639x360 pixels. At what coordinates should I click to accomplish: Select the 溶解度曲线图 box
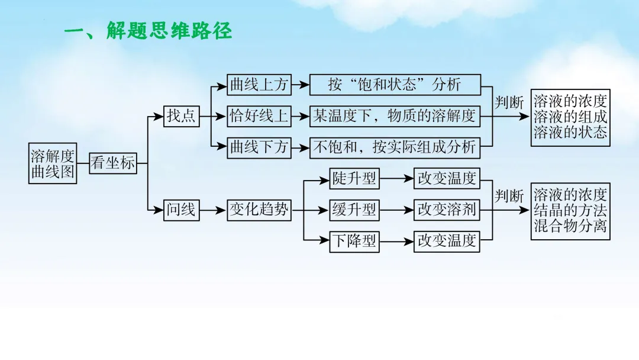53,163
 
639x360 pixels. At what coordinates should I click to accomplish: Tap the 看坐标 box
112,163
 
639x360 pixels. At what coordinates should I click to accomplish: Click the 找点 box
181,116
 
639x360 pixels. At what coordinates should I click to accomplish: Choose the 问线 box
181,210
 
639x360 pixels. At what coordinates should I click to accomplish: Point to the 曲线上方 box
259,85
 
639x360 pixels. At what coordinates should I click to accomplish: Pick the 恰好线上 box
259,116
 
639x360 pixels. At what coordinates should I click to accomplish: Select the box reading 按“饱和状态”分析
395,85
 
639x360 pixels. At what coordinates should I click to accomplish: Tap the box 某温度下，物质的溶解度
395,116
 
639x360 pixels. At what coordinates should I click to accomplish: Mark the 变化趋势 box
259,210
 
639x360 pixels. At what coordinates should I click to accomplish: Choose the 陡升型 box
354,178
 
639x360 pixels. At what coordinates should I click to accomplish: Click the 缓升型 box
354,210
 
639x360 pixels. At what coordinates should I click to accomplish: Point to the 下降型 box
354,241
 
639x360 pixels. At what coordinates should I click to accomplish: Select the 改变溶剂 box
447,210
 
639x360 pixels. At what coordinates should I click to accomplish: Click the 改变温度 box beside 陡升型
447,178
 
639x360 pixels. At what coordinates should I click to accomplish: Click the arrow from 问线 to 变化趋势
213,210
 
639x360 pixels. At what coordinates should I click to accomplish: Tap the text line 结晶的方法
570,210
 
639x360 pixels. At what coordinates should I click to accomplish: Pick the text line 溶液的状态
570,132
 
